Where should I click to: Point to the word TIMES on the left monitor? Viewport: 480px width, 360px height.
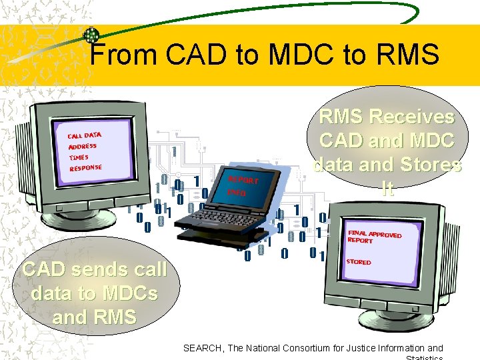tap(79, 157)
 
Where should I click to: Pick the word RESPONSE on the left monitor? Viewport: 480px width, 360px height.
tap(86, 167)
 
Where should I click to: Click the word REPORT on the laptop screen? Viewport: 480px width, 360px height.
tap(243, 180)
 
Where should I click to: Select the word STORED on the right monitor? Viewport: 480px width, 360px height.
tap(359, 262)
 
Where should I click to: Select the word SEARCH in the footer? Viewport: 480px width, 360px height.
tap(203, 348)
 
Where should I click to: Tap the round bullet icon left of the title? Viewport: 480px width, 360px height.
tap(89, 35)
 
